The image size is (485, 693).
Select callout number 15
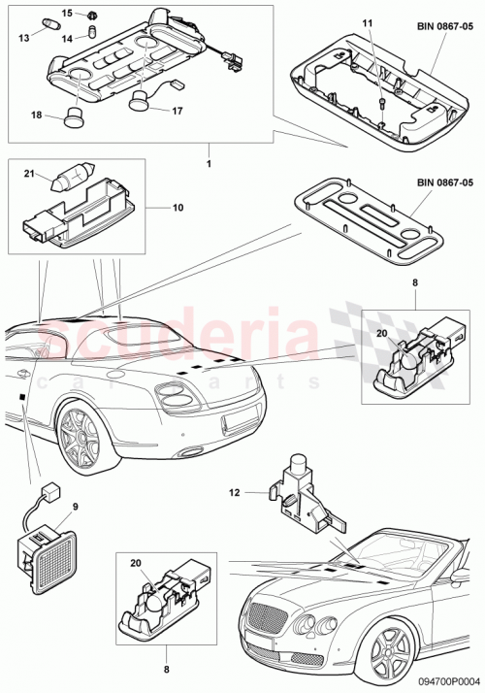click(66, 13)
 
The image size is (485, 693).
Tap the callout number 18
click(37, 115)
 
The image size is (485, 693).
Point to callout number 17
click(178, 111)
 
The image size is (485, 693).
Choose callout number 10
click(178, 207)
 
